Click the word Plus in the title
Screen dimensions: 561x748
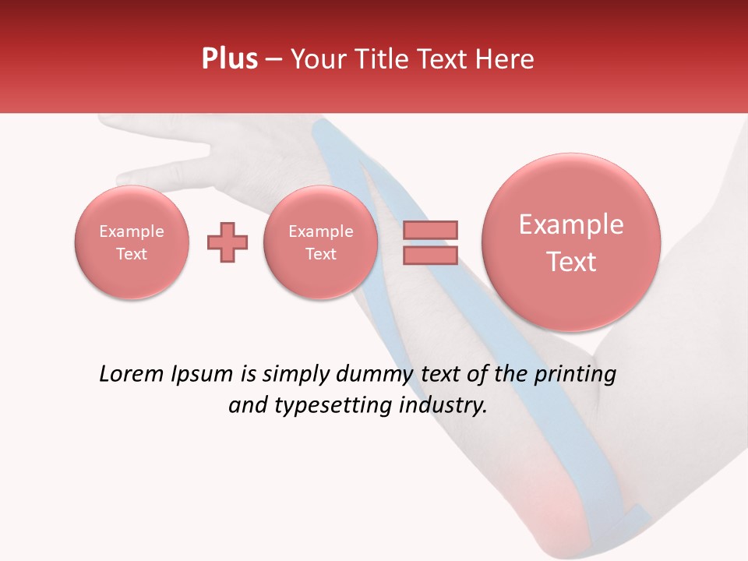coord(229,59)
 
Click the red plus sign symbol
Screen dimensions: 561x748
coord(227,242)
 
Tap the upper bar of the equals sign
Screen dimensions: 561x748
coord(430,230)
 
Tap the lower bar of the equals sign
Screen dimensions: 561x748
coord(430,255)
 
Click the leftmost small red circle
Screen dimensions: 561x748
coord(131,242)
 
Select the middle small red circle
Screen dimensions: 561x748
coord(320,242)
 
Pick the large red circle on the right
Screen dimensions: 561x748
coord(571,242)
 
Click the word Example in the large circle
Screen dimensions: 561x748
coord(571,225)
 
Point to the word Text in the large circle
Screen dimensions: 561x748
coord(571,262)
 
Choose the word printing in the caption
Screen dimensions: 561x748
coord(575,375)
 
